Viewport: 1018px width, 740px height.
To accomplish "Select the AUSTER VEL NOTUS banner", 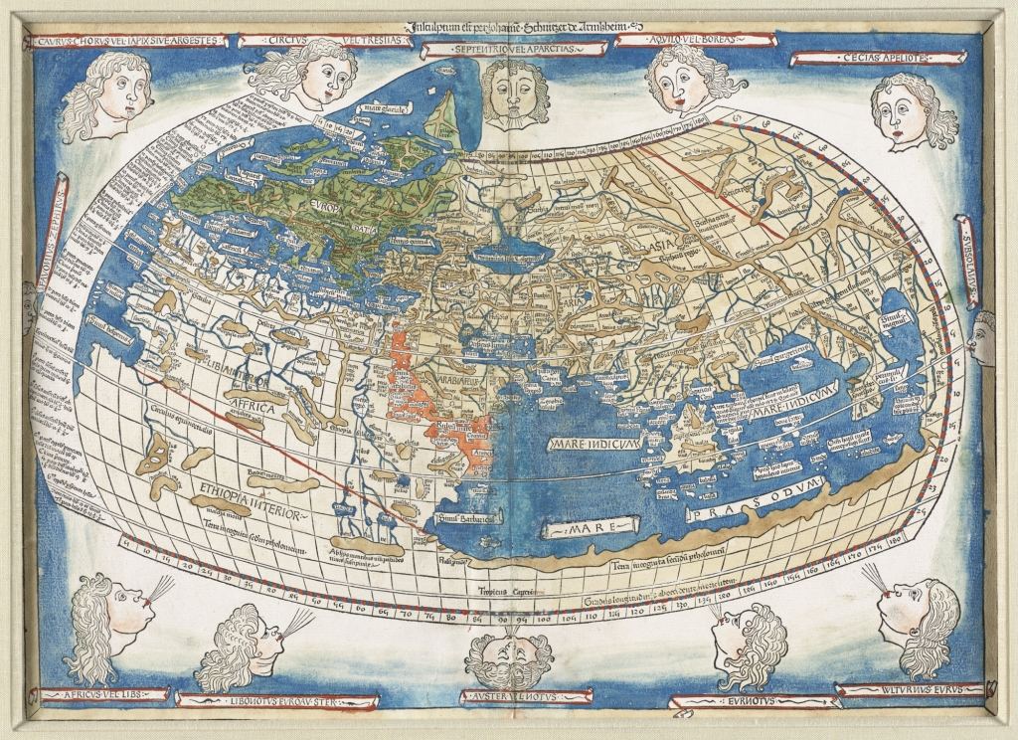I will pos(509,695).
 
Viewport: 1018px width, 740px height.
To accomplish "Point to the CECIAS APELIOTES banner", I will pos(860,58).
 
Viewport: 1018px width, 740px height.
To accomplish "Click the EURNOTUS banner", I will pos(734,701).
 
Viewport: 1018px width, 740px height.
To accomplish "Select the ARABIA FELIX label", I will pos(453,378).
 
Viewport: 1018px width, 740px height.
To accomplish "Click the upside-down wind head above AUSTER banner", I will pos(509,655).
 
